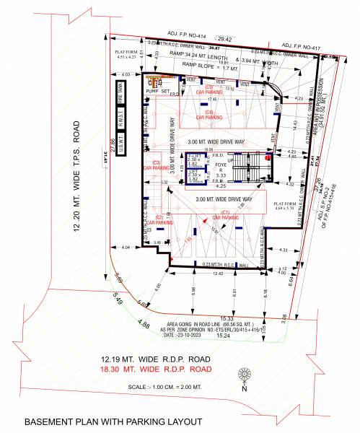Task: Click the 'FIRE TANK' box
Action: (120, 95)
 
